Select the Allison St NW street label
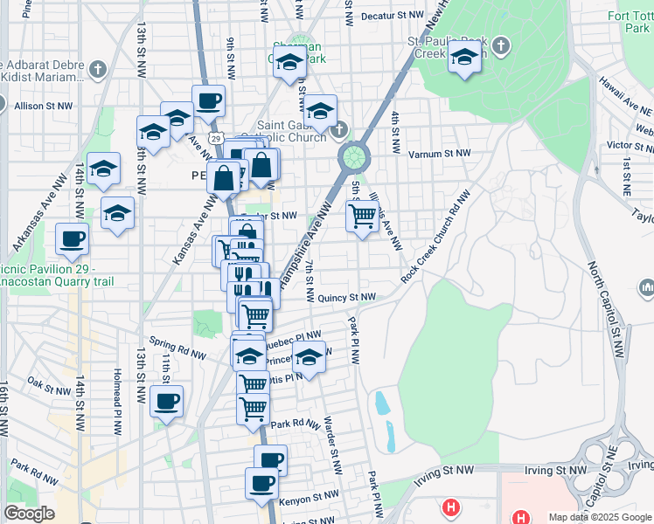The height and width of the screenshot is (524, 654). click(x=43, y=106)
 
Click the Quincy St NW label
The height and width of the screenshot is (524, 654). click(x=346, y=297)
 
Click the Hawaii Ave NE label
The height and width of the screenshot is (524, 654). click(x=627, y=96)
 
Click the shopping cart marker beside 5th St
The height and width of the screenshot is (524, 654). click(x=361, y=215)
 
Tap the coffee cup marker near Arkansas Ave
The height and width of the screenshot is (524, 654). click(x=72, y=238)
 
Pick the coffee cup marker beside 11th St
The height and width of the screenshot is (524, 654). click(x=166, y=401)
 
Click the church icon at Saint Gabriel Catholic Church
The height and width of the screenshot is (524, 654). click(x=339, y=131)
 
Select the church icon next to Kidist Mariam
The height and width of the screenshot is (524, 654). click(x=98, y=68)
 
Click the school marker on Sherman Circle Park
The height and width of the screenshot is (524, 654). click(x=289, y=62)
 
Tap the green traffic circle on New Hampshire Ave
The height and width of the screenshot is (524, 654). click(x=353, y=157)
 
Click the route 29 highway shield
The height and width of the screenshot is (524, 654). click(x=226, y=139)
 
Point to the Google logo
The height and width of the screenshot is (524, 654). click(x=29, y=514)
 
